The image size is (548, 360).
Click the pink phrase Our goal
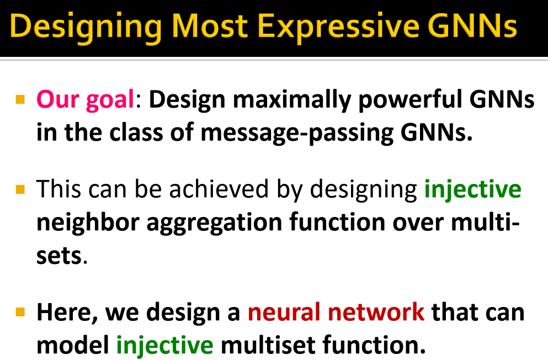tap(86, 100)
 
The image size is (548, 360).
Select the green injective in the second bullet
tap(472, 189)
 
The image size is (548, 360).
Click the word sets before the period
tap(58, 256)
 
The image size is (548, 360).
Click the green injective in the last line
tap(164, 345)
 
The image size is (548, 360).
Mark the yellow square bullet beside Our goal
tap(20, 100)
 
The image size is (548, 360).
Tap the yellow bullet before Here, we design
tap(20, 312)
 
